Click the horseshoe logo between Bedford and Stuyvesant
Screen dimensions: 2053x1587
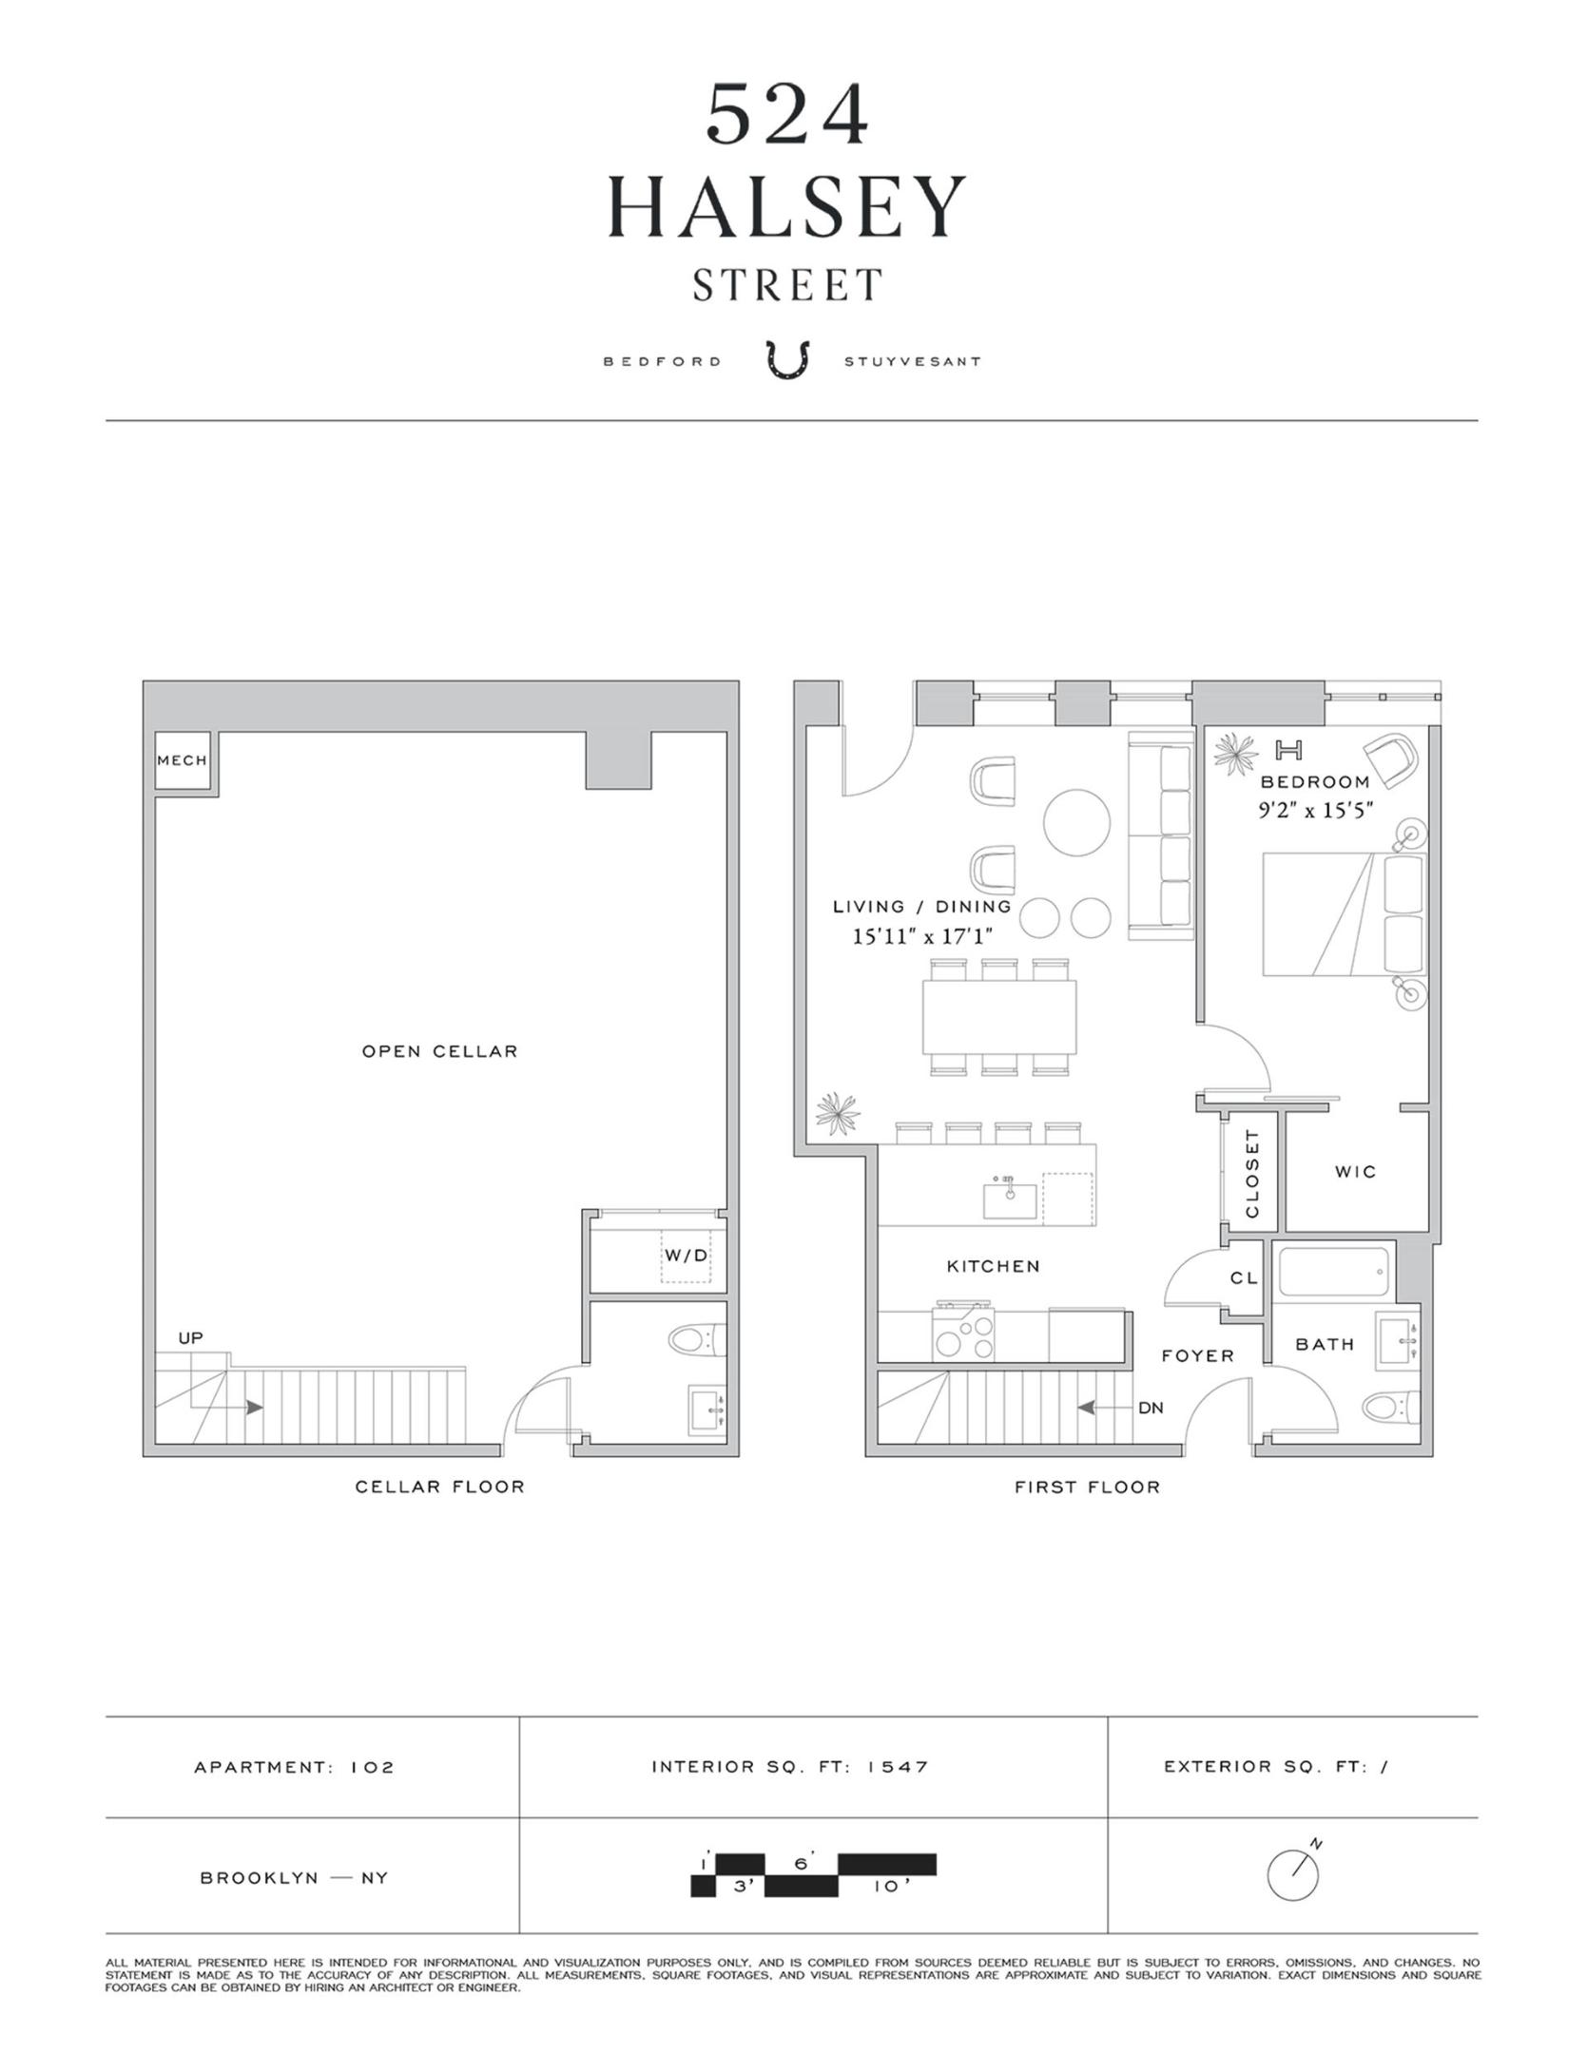tap(788, 361)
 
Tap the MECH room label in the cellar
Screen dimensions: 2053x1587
tap(182, 760)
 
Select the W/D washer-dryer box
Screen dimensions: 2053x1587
tap(686, 1256)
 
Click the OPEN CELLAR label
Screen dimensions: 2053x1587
tap(439, 1051)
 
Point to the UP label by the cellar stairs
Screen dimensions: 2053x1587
tap(190, 1338)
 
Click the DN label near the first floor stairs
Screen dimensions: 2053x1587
tap(1151, 1408)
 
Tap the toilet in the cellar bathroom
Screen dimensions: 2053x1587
tap(696, 1341)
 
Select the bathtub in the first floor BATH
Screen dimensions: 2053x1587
tap(1334, 1273)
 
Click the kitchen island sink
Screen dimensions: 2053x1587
tap(1010, 1198)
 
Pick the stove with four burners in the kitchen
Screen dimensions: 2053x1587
tap(964, 1334)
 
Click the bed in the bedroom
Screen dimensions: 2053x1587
tap(1343, 914)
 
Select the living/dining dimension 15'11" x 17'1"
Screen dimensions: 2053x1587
tap(921, 936)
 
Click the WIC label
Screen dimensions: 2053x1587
tap(1355, 1172)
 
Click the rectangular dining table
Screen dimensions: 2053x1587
tap(998, 1016)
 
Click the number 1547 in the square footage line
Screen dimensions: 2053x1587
tap(897, 1767)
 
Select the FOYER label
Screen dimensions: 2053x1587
tap(1197, 1356)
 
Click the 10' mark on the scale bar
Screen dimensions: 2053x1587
tap(885, 1887)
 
